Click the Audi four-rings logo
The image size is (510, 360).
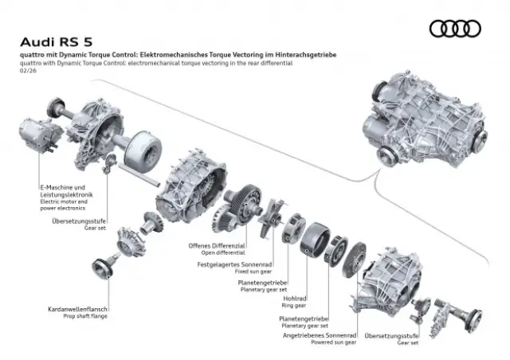[x=455, y=29]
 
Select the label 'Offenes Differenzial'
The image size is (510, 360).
[x=216, y=245]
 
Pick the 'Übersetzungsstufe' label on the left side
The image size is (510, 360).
[x=79, y=221]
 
